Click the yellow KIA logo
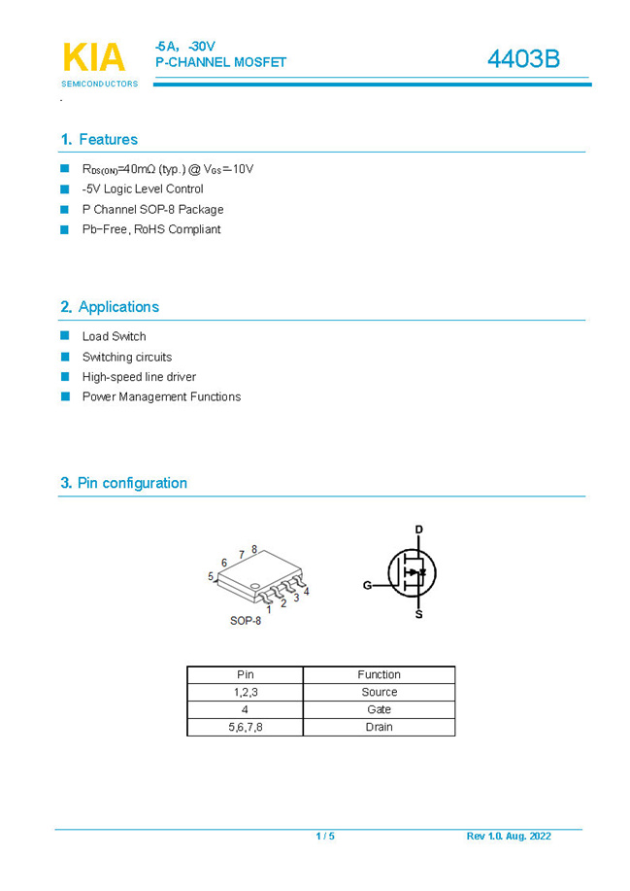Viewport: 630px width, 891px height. [x=94, y=57]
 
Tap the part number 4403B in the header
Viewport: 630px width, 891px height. [x=523, y=59]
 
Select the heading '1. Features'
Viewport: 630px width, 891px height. [x=99, y=140]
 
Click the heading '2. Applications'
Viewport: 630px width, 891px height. [x=109, y=307]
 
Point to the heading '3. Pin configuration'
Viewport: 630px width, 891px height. [x=123, y=483]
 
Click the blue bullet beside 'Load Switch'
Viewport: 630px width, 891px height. [x=65, y=336]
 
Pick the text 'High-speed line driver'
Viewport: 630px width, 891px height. [x=139, y=377]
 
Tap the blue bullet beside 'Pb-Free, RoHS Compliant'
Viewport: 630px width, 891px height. [x=65, y=229]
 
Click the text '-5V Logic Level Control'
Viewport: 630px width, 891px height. [x=143, y=189]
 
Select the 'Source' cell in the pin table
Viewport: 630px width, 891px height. [x=379, y=692]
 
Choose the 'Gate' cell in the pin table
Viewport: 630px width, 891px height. [x=379, y=709]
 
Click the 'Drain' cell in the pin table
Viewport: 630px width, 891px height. [x=379, y=727]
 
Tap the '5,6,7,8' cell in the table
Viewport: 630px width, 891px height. [x=246, y=727]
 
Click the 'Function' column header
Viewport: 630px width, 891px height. [x=379, y=674]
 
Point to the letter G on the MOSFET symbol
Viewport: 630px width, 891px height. [x=367, y=585]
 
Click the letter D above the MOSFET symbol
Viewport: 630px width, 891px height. [x=419, y=530]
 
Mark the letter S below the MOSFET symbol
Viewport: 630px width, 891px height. [x=419, y=614]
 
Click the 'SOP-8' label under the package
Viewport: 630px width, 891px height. [x=246, y=621]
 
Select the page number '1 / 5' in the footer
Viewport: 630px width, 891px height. [x=325, y=837]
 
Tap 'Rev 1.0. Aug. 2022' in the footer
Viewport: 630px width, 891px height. [x=509, y=837]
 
